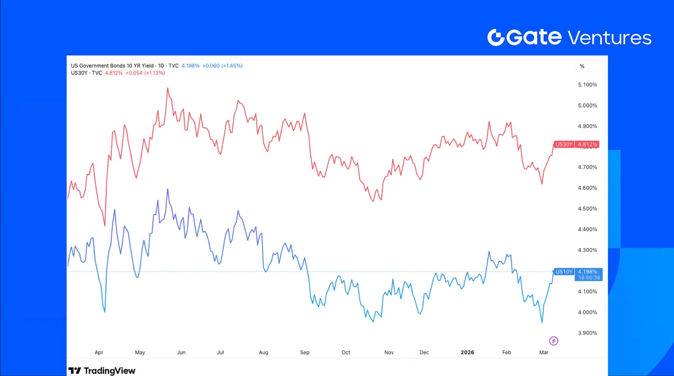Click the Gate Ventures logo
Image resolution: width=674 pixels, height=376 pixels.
pyautogui.click(x=569, y=38)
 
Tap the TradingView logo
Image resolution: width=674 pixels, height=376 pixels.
pyautogui.click(x=102, y=371)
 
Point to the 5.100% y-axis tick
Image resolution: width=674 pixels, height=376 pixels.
pyautogui.click(x=587, y=85)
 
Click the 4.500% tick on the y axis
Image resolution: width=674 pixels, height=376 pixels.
pyautogui.click(x=587, y=209)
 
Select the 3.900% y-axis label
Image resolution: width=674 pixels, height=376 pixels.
pyautogui.click(x=587, y=333)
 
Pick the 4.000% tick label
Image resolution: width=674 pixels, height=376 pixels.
pyautogui.click(x=587, y=312)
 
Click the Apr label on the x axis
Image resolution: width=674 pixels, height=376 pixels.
pyautogui.click(x=99, y=352)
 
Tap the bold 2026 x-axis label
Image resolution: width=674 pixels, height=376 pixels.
pyautogui.click(x=467, y=352)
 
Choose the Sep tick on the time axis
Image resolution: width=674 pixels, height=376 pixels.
pyautogui.click(x=305, y=352)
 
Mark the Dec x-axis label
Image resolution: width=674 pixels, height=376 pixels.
pyautogui.click(x=424, y=352)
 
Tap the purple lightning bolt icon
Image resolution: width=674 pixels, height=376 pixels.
pyautogui.click(x=554, y=341)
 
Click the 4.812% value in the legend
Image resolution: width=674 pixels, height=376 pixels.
pyautogui.click(x=114, y=73)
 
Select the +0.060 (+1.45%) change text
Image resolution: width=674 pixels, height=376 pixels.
pyautogui.click(x=222, y=65)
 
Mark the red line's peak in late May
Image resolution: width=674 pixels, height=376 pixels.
pyautogui.click(x=168, y=88)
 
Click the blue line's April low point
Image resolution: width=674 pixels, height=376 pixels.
pyautogui.click(x=104, y=312)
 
